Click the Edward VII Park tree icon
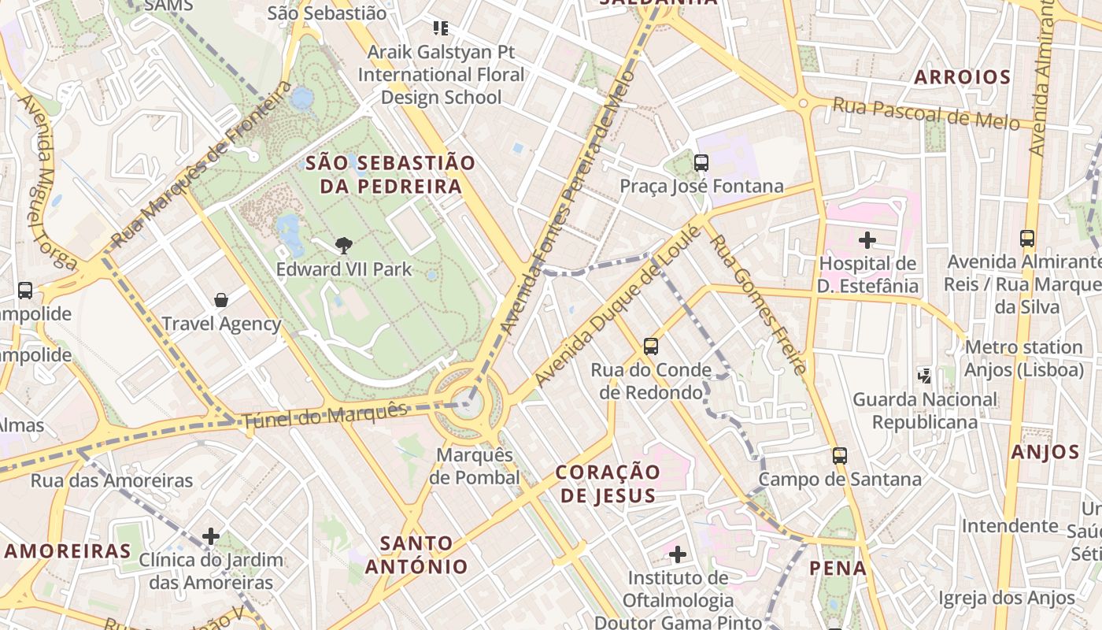coord(343,246)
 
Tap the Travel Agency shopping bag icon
coord(221,300)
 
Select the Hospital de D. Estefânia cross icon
coord(867,239)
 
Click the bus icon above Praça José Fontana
coord(701,163)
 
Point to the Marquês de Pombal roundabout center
coord(468,404)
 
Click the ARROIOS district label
coord(962,77)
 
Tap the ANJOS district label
coord(1045,452)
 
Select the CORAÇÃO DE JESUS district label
coord(607,484)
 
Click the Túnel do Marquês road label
coord(325,416)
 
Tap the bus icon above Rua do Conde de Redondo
coord(651,346)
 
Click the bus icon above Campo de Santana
coord(840,455)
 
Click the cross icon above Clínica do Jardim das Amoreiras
coord(211,536)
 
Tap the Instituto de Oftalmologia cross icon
coord(678,554)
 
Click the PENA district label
coord(838,568)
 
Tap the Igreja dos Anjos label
coord(1007,598)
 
